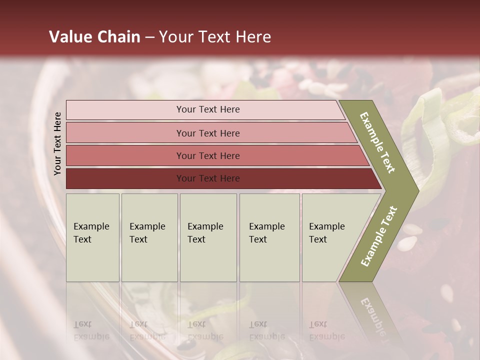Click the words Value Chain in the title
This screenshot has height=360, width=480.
pos(94,37)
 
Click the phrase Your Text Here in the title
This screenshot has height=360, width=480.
pos(215,37)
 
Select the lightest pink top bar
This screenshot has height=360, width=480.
pos(125,110)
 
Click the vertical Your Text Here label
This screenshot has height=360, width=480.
pos(57,143)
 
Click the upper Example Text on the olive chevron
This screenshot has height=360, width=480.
pos(377,142)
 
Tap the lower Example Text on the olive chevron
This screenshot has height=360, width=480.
pos(379,236)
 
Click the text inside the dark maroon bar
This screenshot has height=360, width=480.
pos(208,178)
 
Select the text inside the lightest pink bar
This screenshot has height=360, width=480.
pos(208,109)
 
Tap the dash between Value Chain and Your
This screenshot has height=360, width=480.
pos(149,37)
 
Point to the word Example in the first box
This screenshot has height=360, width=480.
pos(91,226)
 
